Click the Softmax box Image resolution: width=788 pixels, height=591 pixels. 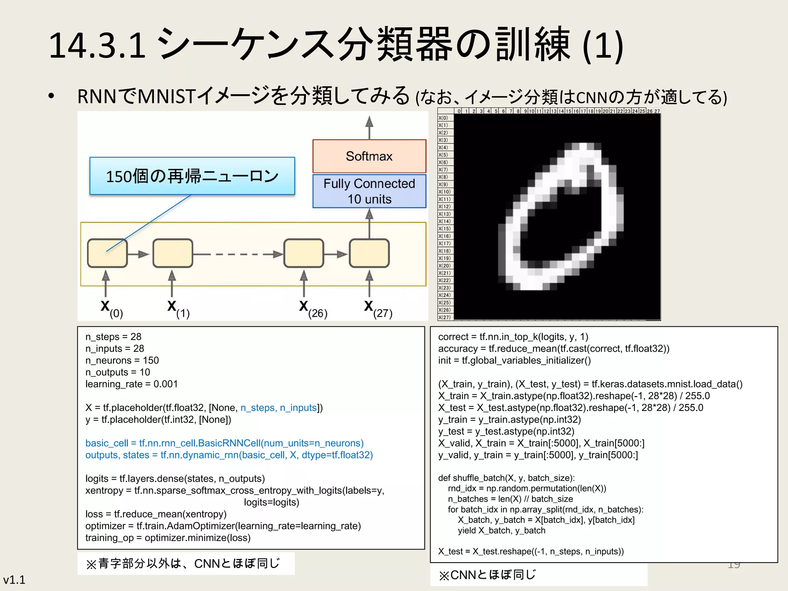click(x=369, y=156)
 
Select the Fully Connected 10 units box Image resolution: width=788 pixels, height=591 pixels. click(x=369, y=191)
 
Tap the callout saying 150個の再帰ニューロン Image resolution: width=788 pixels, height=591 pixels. click(x=192, y=176)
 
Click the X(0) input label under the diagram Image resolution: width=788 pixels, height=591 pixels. click(x=111, y=309)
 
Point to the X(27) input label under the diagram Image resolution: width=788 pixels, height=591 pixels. click(x=378, y=309)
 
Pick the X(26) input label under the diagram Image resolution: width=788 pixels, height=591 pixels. click(x=313, y=309)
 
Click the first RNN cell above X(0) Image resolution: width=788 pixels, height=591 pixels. click(x=107, y=253)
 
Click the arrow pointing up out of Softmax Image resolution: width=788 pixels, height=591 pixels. click(x=369, y=127)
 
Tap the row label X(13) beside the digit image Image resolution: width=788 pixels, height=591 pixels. click(x=445, y=214)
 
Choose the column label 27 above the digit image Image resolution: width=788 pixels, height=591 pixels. click(x=657, y=111)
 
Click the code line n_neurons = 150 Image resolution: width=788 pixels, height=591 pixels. click(x=122, y=361)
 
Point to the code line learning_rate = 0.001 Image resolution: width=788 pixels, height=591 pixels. click(x=132, y=384)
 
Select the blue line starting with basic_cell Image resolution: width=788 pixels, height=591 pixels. click(x=224, y=443)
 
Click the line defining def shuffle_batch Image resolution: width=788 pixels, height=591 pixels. click(x=506, y=478)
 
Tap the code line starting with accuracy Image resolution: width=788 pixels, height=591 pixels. click(x=553, y=349)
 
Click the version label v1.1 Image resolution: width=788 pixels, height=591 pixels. click(x=14, y=580)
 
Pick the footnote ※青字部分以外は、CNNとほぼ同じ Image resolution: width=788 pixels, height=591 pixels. click(x=183, y=564)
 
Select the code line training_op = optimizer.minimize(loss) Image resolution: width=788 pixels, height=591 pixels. click(x=168, y=538)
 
